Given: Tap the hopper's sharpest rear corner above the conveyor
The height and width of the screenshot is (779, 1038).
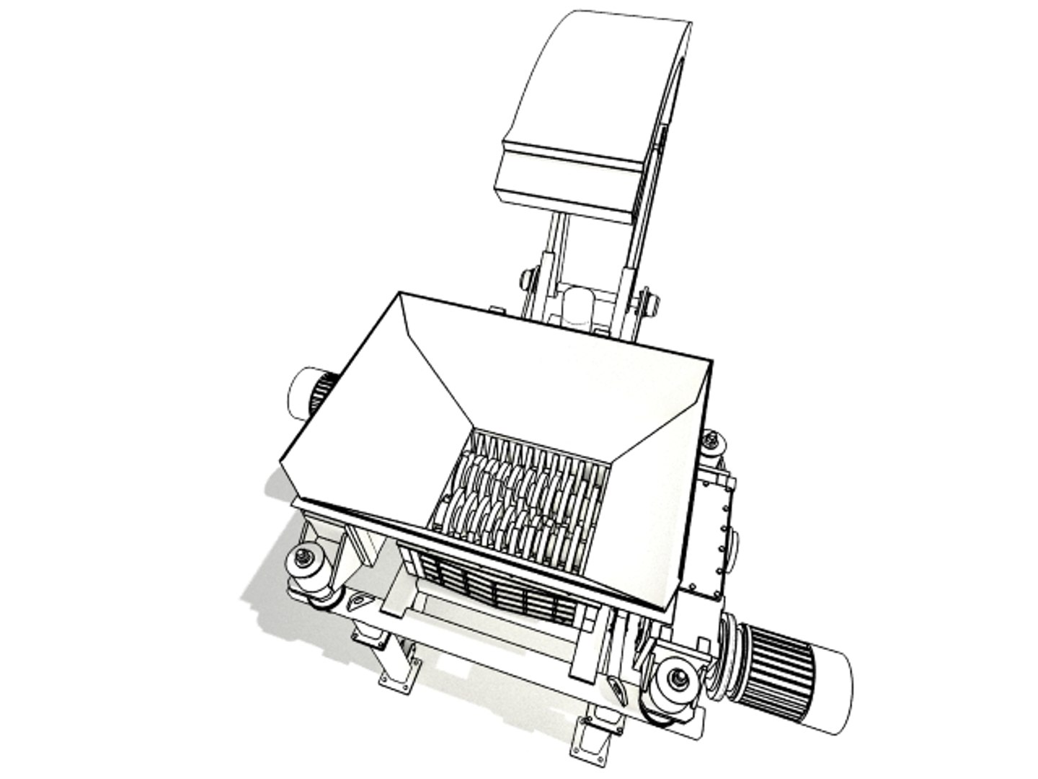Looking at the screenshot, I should (x=401, y=294).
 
